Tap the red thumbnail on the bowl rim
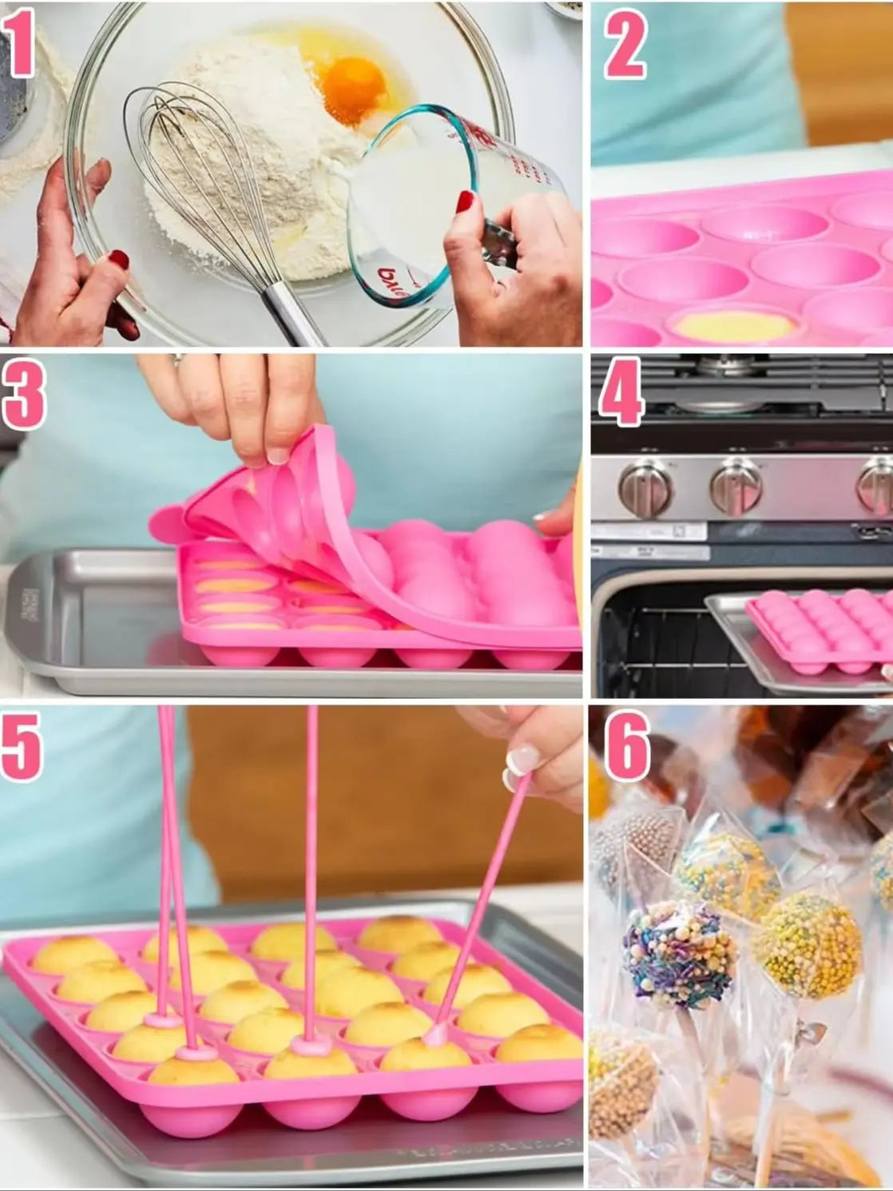point(119,260)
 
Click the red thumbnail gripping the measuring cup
point(465,201)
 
